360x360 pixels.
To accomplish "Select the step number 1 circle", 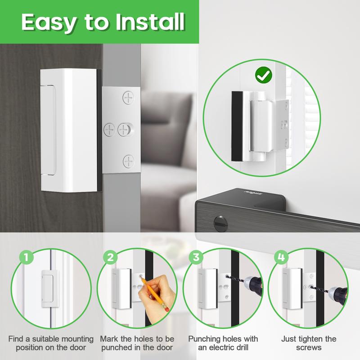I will click(x=27, y=258).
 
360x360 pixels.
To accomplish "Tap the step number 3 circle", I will click(x=195, y=258).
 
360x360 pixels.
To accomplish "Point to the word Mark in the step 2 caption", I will click(x=109, y=339).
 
